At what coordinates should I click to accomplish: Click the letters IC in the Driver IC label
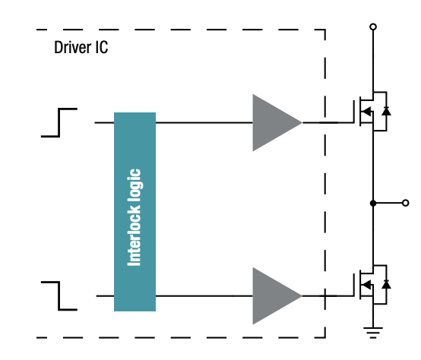tap(100, 48)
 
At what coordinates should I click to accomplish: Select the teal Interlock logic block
tap(135, 211)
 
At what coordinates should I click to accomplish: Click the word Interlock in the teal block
tap(135, 229)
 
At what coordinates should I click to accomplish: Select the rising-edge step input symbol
tap(59, 122)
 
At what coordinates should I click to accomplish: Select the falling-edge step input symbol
tap(59, 294)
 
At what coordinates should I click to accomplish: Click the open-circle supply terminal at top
tap(372, 27)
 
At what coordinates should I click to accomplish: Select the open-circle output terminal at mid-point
tap(407, 204)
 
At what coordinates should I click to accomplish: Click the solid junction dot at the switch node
tap(372, 204)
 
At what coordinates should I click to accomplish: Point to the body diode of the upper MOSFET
tap(386, 112)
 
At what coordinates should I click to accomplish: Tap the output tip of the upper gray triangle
tap(301, 122)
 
